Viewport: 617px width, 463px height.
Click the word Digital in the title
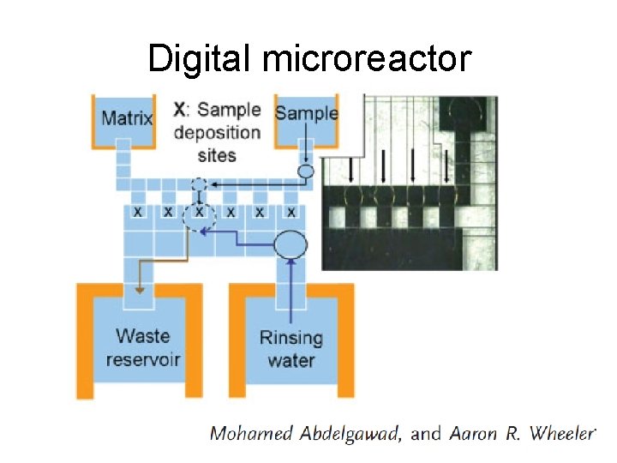tap(201, 59)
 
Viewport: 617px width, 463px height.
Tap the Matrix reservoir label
tap(126, 117)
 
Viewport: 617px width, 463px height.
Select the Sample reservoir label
tap(306, 113)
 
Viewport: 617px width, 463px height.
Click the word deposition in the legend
tap(217, 133)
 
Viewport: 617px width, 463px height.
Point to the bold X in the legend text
tap(178, 110)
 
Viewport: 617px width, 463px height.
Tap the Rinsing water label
tap(291, 348)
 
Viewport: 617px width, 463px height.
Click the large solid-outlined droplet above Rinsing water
tap(290, 245)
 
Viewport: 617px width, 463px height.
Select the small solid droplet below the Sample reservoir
tap(305, 171)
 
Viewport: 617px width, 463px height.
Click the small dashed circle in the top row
tap(199, 183)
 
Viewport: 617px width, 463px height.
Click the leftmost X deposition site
tap(138, 211)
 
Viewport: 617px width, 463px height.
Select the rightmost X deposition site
tap(291, 211)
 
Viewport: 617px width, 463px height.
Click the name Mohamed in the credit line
tap(252, 433)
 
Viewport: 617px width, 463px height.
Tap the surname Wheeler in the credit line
tap(560, 433)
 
